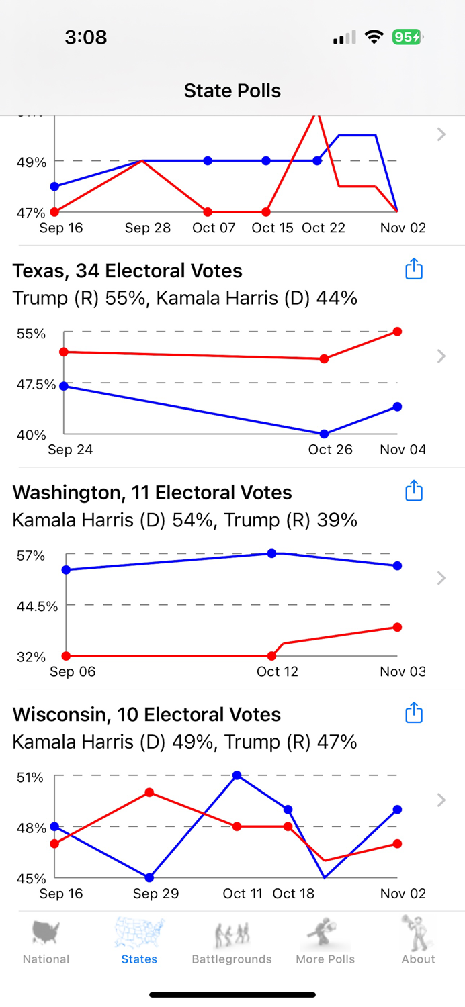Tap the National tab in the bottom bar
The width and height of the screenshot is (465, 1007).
click(46, 941)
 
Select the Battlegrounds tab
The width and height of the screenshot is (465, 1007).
click(232, 941)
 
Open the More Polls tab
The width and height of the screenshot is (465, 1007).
click(325, 941)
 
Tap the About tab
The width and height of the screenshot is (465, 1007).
click(418, 941)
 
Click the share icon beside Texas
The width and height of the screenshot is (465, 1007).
click(414, 269)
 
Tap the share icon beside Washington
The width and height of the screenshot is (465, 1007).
click(414, 491)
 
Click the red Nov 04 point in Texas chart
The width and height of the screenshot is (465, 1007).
click(398, 332)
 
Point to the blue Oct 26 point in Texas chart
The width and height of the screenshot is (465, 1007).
click(325, 434)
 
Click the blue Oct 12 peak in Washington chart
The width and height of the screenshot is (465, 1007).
click(272, 553)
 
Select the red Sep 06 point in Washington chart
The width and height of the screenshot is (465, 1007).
click(66, 656)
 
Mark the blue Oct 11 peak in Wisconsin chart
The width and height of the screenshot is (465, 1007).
click(237, 775)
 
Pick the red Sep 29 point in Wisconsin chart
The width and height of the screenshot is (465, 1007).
click(149, 793)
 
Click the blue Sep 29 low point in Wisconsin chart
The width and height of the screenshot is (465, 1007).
click(149, 877)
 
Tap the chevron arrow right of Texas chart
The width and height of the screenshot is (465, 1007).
click(441, 356)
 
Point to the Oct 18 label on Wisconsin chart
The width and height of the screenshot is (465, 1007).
click(294, 894)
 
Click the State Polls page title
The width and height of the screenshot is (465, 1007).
click(232, 91)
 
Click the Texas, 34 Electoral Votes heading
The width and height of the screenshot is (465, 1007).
click(128, 271)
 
